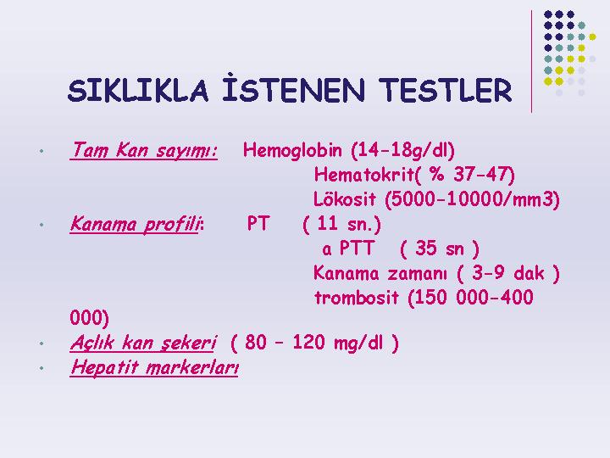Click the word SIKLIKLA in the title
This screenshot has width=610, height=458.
click(138, 91)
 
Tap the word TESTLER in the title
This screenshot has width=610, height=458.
click(445, 91)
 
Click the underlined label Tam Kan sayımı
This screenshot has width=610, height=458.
click(143, 150)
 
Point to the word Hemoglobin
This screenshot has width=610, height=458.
click(292, 150)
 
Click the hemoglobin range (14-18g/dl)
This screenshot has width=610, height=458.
click(402, 151)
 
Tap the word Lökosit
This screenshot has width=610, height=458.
click(345, 199)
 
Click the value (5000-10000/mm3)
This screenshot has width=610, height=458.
click(472, 199)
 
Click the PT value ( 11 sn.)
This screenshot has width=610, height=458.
click(341, 224)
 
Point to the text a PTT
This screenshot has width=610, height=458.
click(348, 249)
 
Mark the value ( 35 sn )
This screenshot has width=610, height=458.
click(439, 249)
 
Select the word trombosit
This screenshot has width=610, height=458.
click(357, 298)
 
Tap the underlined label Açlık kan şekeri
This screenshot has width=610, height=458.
click(143, 343)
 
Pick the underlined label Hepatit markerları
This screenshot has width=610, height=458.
click(154, 367)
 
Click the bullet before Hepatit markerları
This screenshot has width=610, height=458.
click(42, 368)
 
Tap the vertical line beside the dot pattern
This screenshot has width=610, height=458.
click(531, 62)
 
